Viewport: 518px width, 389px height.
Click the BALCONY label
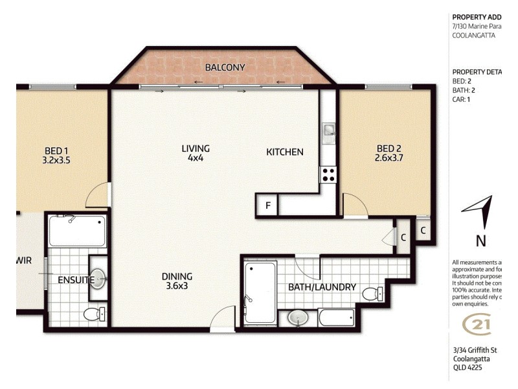pyautogui.click(x=225, y=67)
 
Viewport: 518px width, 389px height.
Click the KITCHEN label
pyautogui.click(x=285, y=152)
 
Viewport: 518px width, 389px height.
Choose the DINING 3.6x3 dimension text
pyautogui.click(x=177, y=286)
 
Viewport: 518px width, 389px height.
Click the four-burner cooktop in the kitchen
pyautogui.click(x=328, y=174)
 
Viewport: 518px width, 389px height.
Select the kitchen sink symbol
pyautogui.click(x=329, y=132)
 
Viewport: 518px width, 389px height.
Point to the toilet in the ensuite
pyautogui.click(x=92, y=314)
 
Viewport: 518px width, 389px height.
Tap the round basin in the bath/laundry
pyautogui.click(x=297, y=318)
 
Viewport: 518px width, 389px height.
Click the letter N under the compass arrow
pyautogui.click(x=481, y=241)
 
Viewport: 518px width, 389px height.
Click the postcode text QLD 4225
pyautogui.click(x=467, y=368)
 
